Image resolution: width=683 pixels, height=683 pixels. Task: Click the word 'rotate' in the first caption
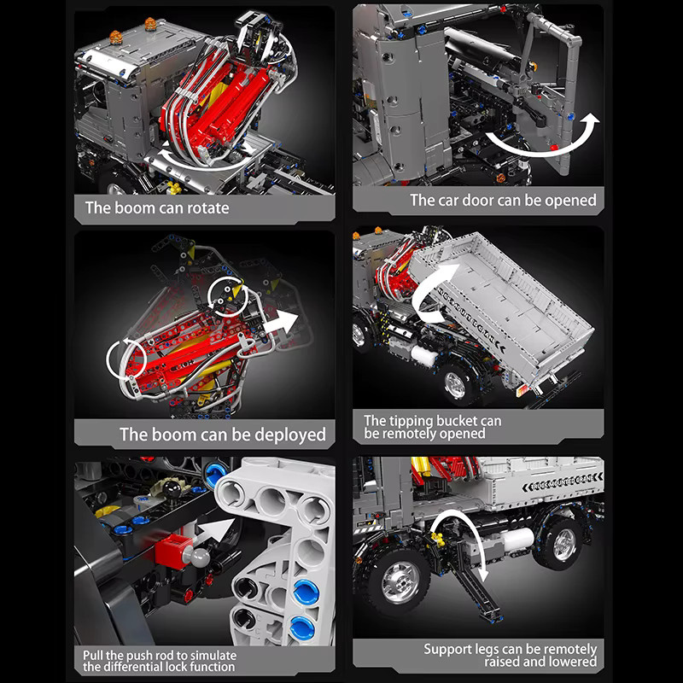click(x=207, y=208)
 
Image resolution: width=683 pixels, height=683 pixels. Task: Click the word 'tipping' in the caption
click(x=409, y=421)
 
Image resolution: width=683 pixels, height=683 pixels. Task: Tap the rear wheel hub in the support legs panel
click(x=564, y=545)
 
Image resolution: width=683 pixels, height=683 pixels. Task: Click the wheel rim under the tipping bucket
click(x=455, y=385)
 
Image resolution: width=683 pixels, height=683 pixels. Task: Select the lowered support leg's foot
click(x=493, y=616)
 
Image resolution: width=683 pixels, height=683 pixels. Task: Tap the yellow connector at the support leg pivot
click(x=439, y=540)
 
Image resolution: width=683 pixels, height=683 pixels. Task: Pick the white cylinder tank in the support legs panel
click(x=518, y=540)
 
